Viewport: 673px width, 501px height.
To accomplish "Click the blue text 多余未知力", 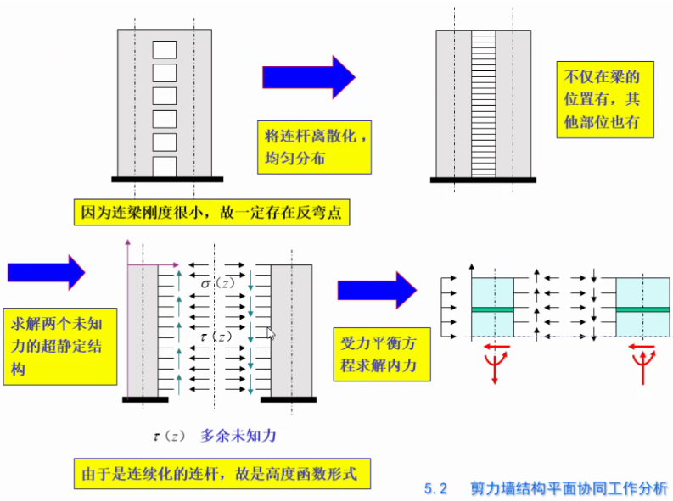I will [238, 436].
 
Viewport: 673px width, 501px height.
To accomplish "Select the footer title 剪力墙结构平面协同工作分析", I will [569, 488].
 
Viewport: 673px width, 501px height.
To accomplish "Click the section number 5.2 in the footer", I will [435, 488].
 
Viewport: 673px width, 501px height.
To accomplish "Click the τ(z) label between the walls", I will [210, 337].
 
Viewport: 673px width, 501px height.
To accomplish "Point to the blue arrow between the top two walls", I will [307, 77].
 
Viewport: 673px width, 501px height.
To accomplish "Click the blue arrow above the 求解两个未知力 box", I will [47, 272].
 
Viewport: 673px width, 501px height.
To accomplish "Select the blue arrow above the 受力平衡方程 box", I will [377, 290].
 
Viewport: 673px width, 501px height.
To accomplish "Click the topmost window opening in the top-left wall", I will [164, 48].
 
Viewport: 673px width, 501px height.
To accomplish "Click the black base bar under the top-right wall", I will [483, 180].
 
